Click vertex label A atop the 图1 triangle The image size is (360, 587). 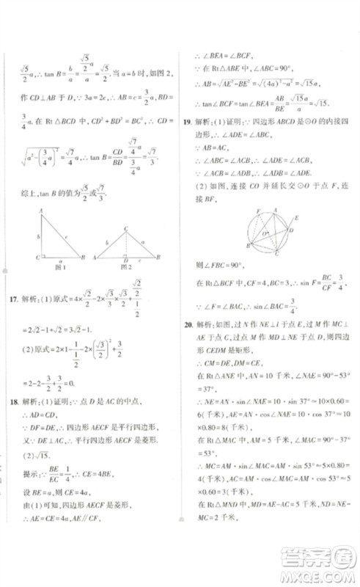click(x=40, y=211)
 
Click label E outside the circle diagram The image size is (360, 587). click(x=295, y=218)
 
